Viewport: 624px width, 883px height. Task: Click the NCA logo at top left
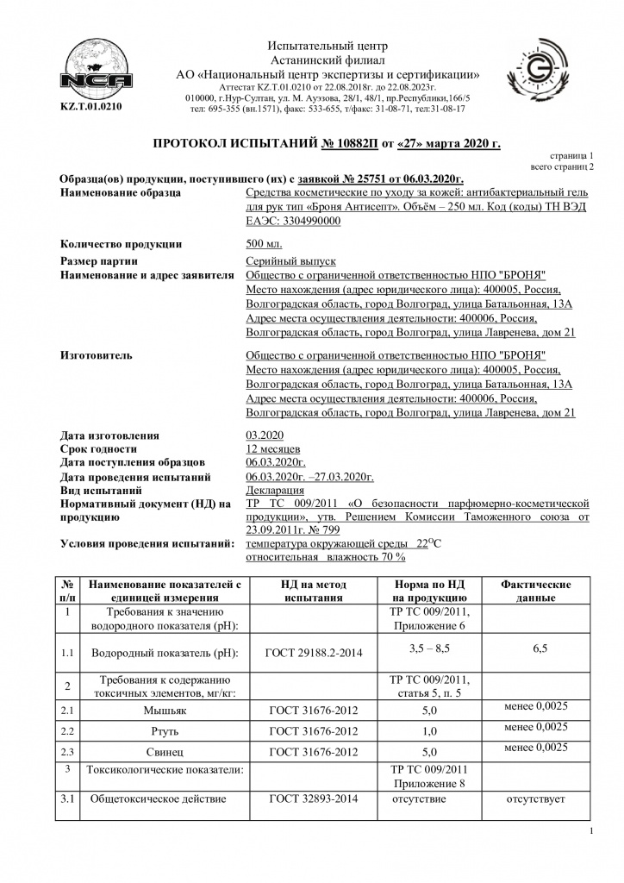(90, 67)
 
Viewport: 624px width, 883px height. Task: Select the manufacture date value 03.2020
(265, 435)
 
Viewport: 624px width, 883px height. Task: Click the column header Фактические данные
(535, 591)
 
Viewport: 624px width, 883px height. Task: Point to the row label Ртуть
(165, 731)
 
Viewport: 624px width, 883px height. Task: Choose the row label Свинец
(165, 752)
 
